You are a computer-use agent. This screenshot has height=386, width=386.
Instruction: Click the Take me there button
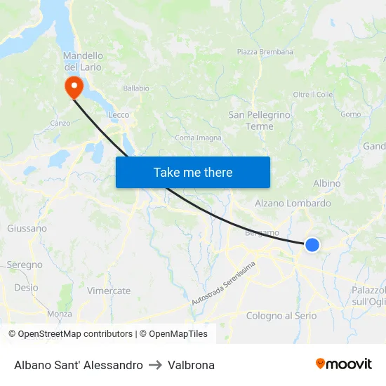192,172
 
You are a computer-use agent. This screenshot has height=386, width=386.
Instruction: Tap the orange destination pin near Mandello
73,87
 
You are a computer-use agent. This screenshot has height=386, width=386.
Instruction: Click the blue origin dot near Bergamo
312,245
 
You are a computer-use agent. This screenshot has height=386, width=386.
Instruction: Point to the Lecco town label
119,115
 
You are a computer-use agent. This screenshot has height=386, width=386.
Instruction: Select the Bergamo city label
262,232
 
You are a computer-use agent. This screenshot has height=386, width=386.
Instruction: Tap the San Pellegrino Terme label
259,120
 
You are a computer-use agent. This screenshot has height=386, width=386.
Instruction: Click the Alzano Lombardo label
293,204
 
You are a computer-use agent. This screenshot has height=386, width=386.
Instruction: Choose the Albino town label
327,183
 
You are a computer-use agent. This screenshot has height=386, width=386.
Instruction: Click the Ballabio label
136,88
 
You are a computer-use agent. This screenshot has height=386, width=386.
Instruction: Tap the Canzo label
60,123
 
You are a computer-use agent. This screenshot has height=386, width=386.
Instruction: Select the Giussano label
27,228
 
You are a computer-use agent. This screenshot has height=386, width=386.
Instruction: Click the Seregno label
25,265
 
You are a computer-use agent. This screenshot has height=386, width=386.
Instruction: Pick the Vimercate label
109,291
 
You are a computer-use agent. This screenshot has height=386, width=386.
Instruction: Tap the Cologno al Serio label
281,316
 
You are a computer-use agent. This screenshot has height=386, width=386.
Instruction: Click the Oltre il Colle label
312,95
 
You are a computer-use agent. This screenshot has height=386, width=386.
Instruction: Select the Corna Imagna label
198,138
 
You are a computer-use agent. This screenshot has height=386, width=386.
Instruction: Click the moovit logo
343,364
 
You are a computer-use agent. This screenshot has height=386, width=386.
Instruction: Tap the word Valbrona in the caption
191,365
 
